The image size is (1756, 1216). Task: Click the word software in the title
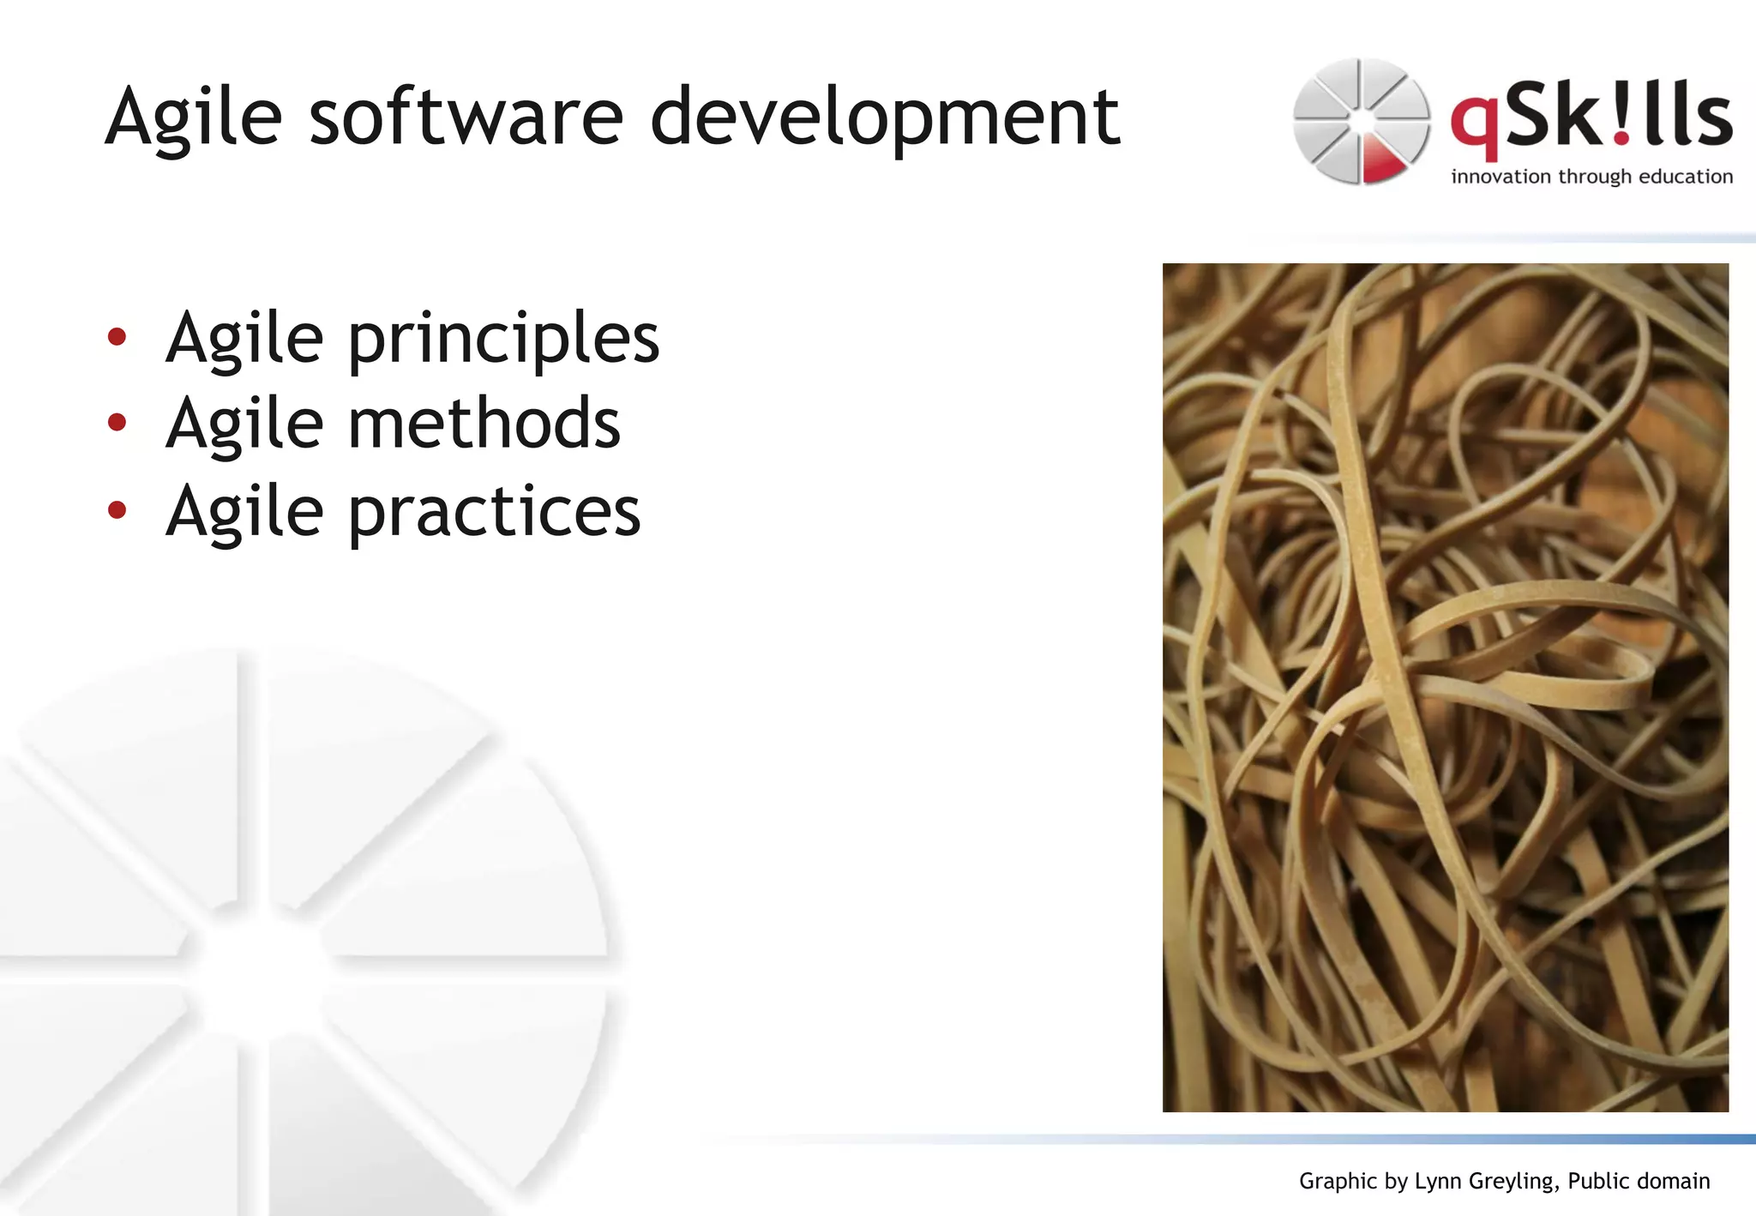click(466, 117)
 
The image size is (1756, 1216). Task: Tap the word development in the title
click(884, 118)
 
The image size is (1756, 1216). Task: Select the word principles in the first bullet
click(503, 340)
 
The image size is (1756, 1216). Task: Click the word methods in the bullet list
click(484, 423)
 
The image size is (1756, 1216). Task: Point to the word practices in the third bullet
click(494, 512)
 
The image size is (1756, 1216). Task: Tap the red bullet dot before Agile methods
click(117, 422)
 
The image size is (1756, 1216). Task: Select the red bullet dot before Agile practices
click(117, 510)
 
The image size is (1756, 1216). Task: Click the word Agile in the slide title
click(194, 118)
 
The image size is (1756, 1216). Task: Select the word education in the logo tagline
click(1686, 177)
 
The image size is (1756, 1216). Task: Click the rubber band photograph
click(1445, 686)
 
